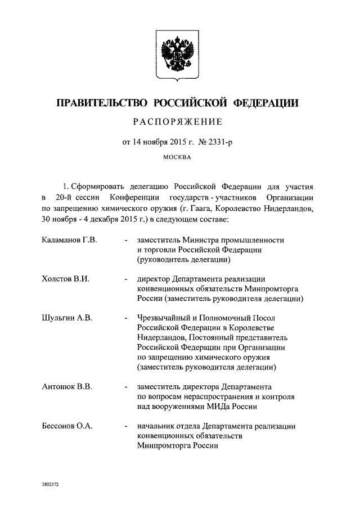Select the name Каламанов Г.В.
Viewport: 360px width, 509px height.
tap(70, 240)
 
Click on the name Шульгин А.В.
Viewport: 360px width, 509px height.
tap(67, 318)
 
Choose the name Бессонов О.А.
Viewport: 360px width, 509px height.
tap(67, 426)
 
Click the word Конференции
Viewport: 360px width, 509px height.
tap(134, 199)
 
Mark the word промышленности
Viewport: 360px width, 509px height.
tap(255, 240)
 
